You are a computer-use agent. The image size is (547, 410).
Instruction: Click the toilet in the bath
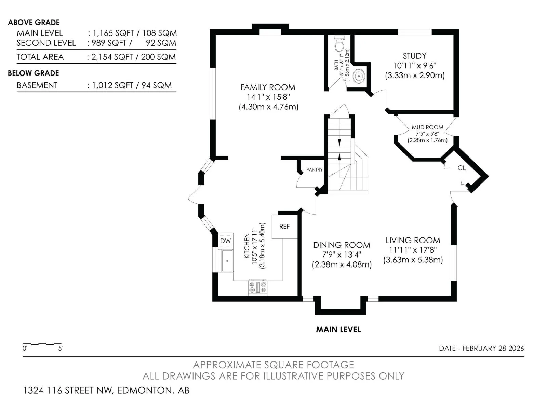click(x=339, y=44)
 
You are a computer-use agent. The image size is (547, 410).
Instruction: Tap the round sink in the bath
click(x=359, y=76)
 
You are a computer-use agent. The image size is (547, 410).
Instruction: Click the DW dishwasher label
click(x=226, y=241)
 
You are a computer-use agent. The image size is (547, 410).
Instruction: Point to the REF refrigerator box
click(x=284, y=226)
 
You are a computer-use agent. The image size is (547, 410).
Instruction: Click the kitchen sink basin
click(x=227, y=261)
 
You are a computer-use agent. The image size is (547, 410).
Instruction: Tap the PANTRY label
click(x=315, y=170)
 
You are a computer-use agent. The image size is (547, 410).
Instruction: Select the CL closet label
click(x=462, y=168)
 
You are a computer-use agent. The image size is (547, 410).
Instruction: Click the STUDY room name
click(x=415, y=56)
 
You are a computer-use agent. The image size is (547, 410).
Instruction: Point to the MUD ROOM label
click(x=427, y=127)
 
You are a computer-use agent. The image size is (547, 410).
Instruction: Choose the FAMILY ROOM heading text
click(x=268, y=87)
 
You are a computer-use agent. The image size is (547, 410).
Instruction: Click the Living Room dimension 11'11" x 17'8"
click(x=413, y=250)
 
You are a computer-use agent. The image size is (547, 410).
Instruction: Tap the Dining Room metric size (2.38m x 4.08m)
click(x=342, y=264)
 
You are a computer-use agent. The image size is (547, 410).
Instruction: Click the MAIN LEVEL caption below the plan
click(x=338, y=330)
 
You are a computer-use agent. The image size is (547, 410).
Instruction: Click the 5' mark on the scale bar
click(x=60, y=348)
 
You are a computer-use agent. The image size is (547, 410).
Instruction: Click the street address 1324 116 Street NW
click(x=68, y=390)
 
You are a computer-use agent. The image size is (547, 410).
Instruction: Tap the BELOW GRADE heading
click(x=34, y=73)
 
